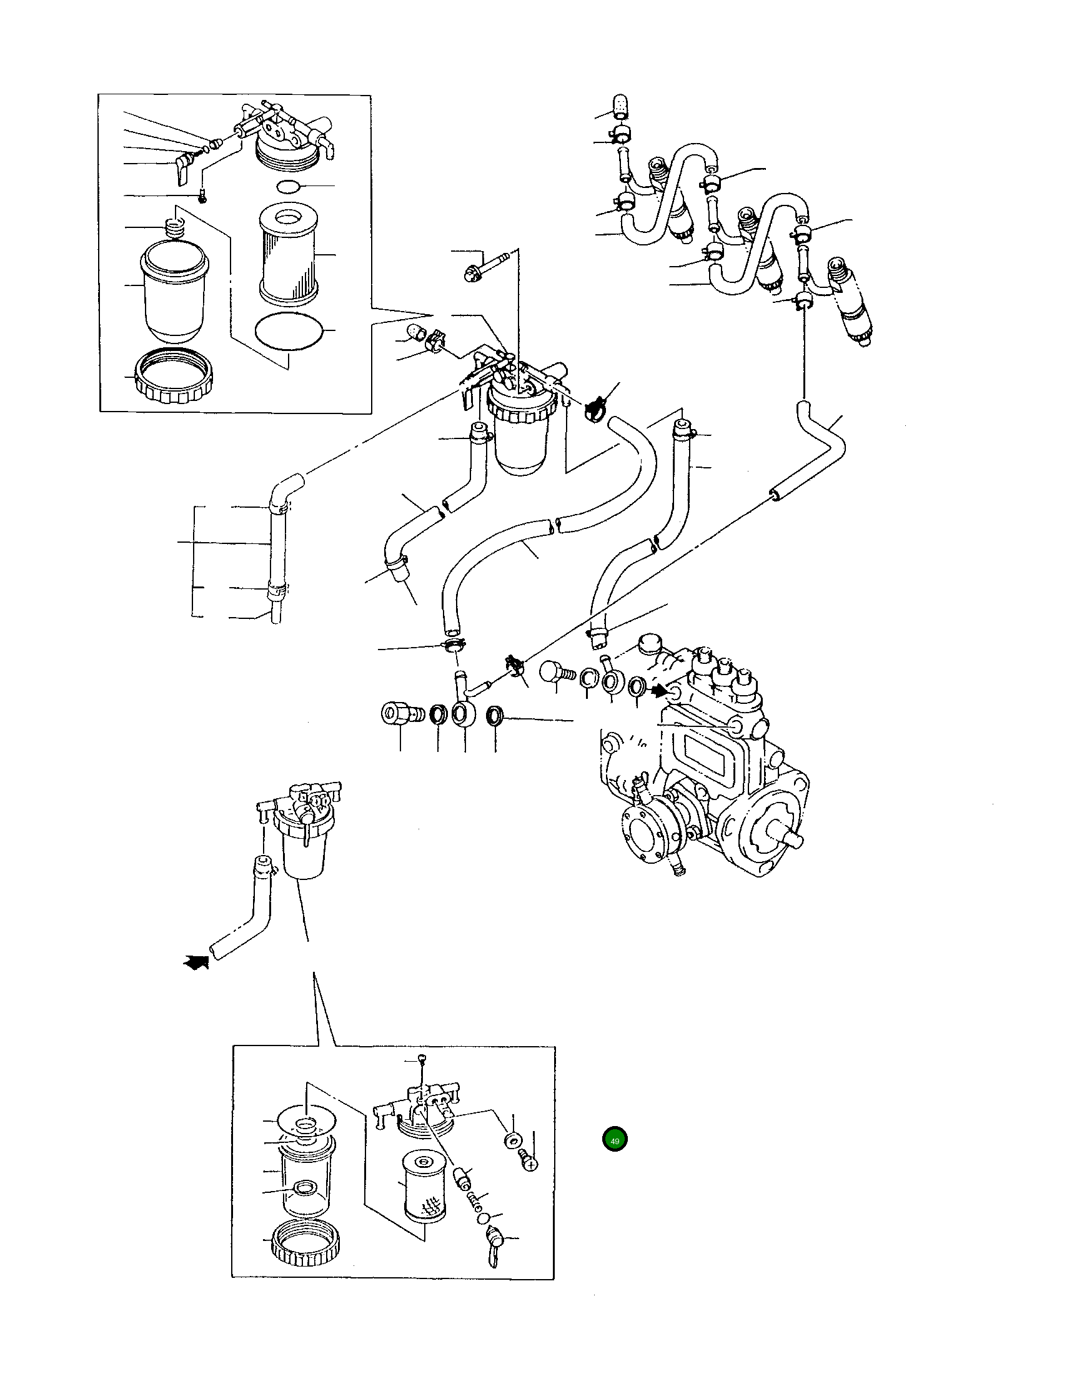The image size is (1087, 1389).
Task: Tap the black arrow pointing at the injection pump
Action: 659,688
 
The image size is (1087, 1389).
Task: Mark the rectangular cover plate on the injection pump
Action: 705,747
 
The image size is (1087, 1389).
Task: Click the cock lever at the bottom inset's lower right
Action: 495,1242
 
